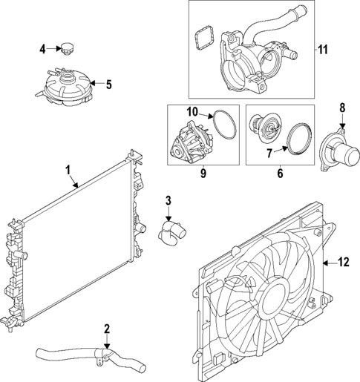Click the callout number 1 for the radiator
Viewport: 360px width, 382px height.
coord(68,170)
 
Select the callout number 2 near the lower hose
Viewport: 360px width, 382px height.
coord(107,329)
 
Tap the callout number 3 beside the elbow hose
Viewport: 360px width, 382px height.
coord(168,200)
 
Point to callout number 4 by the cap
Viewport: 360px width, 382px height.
coord(42,49)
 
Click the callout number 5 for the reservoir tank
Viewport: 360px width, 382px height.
coord(108,85)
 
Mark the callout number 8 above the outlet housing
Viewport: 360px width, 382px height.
coord(342,107)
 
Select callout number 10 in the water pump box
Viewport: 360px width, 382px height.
coord(192,112)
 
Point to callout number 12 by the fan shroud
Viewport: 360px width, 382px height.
coord(343,261)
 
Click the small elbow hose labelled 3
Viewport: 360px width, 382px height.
coord(169,231)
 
